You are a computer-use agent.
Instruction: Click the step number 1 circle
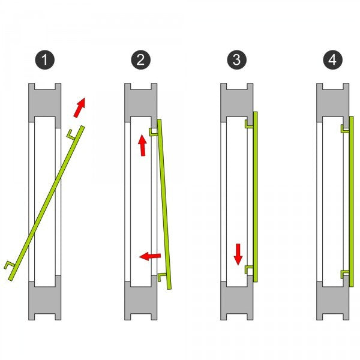pos(45,60)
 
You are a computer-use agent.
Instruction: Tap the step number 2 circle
pos(141,60)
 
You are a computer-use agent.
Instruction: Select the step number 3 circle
pos(237,60)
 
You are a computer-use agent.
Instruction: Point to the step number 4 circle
pos(332,60)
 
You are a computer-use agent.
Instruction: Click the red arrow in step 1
pos(80,107)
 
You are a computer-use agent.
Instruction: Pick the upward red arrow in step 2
pos(142,145)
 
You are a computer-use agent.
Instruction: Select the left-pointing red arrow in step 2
pos(150,256)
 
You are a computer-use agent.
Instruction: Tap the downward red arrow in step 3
pos(238,254)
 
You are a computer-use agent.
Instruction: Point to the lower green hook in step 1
pos(9,265)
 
